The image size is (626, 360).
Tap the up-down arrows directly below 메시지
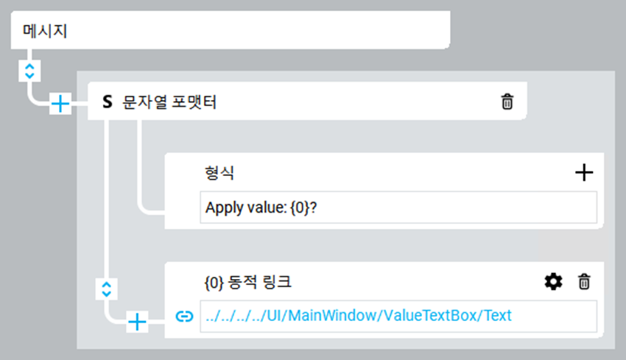pyautogui.click(x=29, y=71)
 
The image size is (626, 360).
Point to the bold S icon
pyautogui.click(x=108, y=102)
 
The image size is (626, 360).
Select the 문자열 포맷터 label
pyautogui.click(x=169, y=102)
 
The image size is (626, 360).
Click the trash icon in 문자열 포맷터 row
pyautogui.click(x=507, y=102)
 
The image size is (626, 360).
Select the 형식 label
pyautogui.click(x=219, y=173)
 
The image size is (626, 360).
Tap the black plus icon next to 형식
pyautogui.click(x=583, y=173)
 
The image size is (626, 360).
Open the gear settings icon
pyautogui.click(x=552, y=281)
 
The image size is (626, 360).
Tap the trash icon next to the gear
pyautogui.click(x=583, y=281)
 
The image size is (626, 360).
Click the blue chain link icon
pyautogui.click(x=183, y=317)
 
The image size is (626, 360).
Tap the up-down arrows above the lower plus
pyautogui.click(x=107, y=289)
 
